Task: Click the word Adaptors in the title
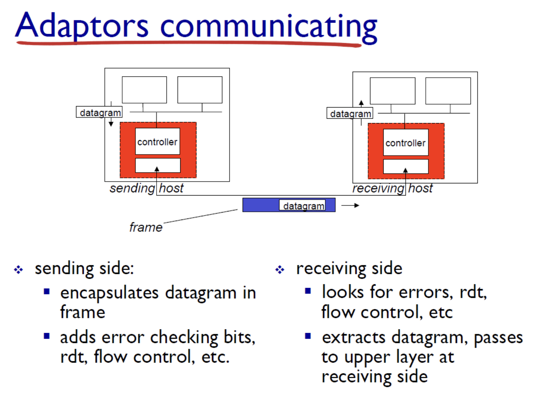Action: click(82, 26)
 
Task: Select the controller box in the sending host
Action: click(157, 142)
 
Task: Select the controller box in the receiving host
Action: click(405, 143)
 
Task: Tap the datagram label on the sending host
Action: click(99, 112)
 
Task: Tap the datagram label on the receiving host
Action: click(350, 113)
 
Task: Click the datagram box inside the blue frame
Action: click(302, 206)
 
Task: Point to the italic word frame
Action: click(145, 227)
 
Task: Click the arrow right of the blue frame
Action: click(350, 205)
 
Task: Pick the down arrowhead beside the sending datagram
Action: click(111, 124)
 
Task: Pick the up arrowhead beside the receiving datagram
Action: click(361, 103)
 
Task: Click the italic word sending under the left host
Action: click(132, 189)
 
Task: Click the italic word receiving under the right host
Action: click(378, 189)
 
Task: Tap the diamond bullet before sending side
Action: click(18, 269)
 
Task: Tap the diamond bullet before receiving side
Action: click(280, 269)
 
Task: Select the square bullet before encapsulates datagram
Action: click(47, 291)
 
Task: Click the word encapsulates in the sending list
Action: click(109, 293)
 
